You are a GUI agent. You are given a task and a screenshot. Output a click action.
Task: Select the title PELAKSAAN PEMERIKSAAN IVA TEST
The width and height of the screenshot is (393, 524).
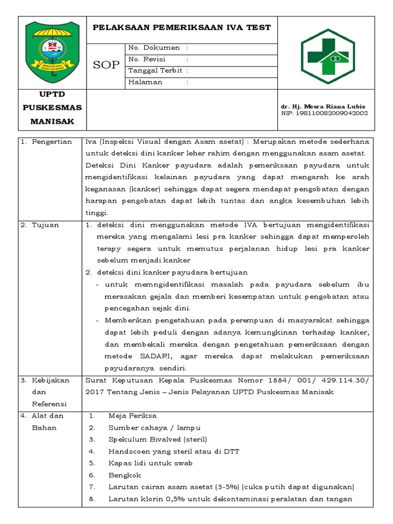tap(182, 28)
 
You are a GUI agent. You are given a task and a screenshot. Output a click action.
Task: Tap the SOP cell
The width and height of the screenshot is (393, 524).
tap(106, 65)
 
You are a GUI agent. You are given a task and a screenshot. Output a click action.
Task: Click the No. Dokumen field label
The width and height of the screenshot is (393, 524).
tap(154, 48)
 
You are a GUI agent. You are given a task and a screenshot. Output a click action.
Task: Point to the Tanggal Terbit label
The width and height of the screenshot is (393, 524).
tap(155, 71)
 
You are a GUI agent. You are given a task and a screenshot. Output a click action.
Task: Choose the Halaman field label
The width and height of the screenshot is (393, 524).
tap(145, 82)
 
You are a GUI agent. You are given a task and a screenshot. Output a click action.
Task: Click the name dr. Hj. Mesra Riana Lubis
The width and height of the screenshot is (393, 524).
tap(323, 106)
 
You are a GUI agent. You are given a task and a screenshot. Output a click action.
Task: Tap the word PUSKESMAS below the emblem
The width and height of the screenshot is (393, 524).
tap(52, 108)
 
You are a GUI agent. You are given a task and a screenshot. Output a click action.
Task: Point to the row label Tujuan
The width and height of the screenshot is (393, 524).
tap(46, 225)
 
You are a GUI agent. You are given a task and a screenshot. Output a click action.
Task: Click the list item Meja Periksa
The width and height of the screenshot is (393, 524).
tap(133, 416)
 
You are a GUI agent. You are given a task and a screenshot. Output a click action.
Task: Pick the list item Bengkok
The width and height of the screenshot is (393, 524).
tap(123, 475)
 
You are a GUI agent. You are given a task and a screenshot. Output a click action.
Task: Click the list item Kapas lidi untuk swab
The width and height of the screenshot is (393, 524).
tap(150, 463)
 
